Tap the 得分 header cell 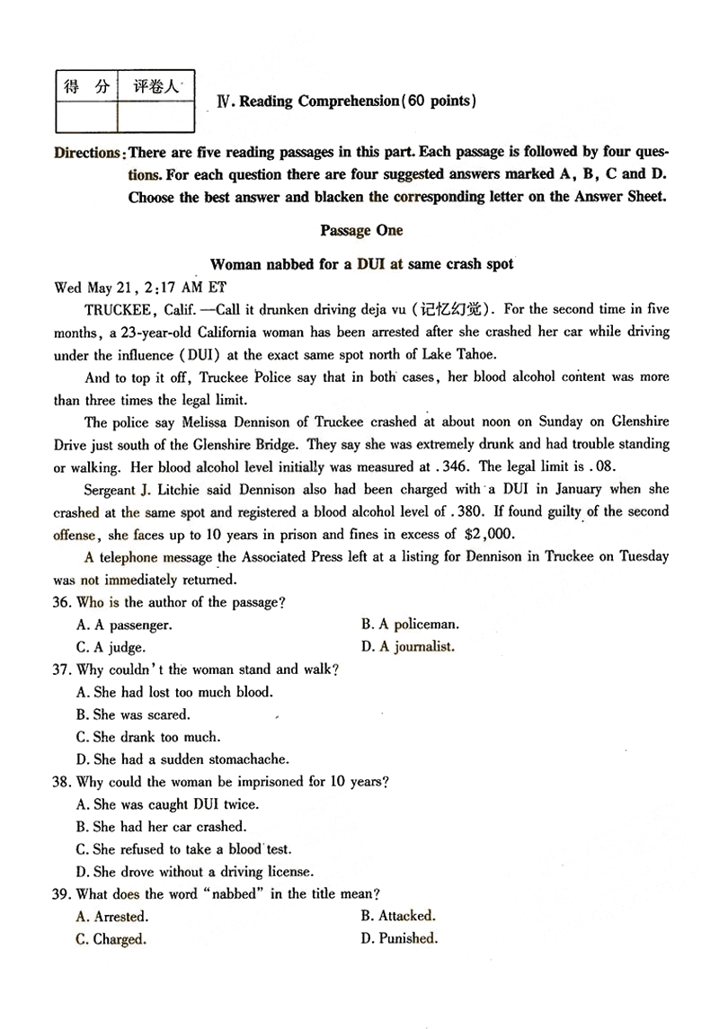(86, 86)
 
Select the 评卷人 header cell (155, 86)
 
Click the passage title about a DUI (361, 264)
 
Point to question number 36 (62, 602)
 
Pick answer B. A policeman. (410, 624)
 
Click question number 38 (62, 782)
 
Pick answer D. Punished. (399, 939)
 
